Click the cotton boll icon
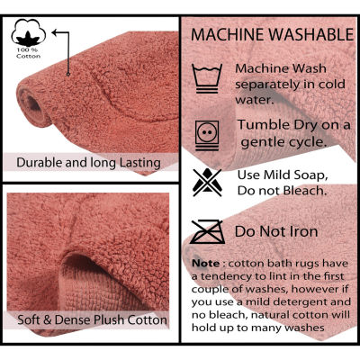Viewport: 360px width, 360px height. coord(29,32)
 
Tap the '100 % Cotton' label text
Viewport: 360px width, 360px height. coord(29,53)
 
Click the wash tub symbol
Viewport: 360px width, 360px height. coord(207,78)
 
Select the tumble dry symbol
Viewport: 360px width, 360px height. coord(207,136)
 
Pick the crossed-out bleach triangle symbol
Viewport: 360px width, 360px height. coord(207,183)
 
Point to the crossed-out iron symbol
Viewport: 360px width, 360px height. coord(207,231)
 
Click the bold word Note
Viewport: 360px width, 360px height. coord(206,264)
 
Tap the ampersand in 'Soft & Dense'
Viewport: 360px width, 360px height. coord(48,319)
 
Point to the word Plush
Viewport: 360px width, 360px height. coord(110,319)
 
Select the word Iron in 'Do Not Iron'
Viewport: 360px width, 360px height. coord(303,231)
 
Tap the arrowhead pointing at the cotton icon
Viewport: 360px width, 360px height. coord(55,32)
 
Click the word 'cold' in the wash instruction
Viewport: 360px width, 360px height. coord(332,84)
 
